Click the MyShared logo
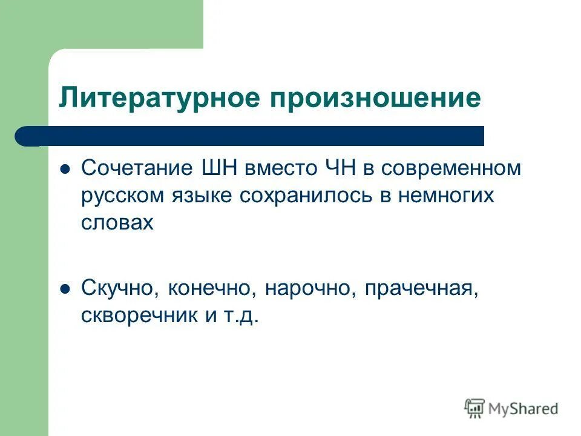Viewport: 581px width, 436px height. pyautogui.click(x=511, y=408)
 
